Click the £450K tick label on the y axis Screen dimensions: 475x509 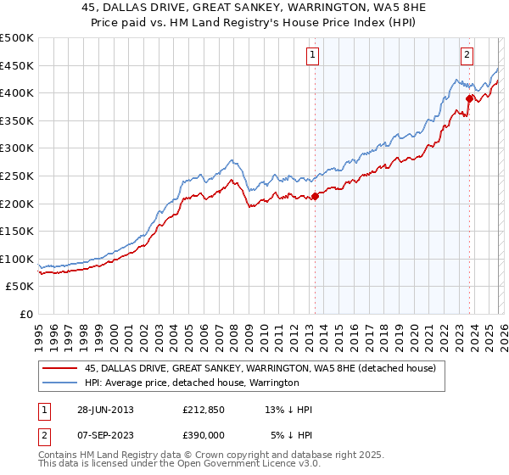17,65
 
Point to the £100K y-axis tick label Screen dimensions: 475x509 17,259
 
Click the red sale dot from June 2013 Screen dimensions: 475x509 315,196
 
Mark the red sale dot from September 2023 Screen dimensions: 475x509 468,98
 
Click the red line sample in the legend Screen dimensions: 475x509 61,369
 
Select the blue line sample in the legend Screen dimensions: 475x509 61,383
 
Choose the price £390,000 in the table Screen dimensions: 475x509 204,434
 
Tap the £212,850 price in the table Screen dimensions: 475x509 204,410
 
